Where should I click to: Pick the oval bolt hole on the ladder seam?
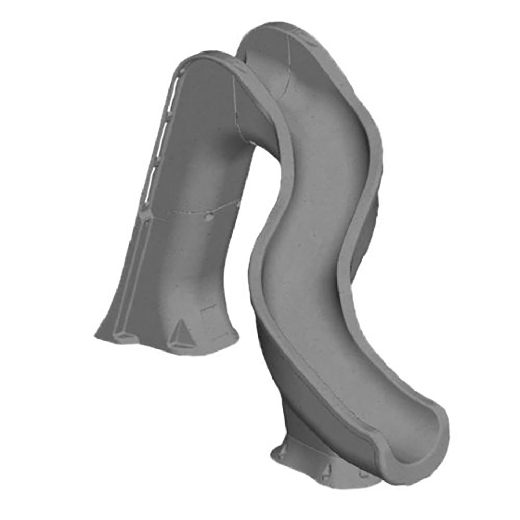pos(209,216)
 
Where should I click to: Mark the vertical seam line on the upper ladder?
pos(237,104)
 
